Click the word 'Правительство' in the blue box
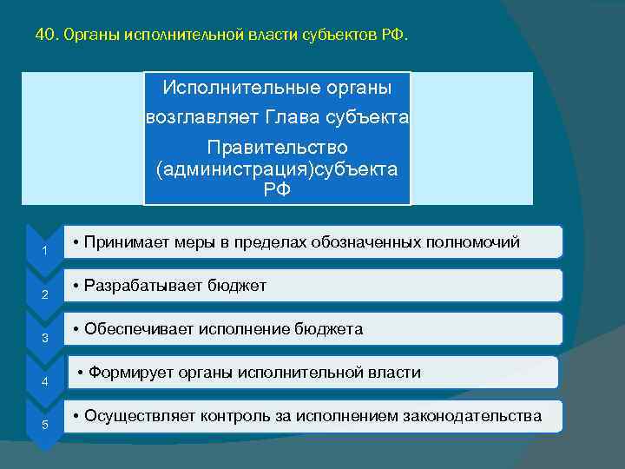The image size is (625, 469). [277, 147]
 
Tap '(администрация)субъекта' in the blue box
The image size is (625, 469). [277, 168]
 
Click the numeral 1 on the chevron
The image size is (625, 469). [44, 252]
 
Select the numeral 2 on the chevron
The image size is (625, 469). [44, 295]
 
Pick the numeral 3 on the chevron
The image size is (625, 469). [44, 338]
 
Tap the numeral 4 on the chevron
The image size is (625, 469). [44, 381]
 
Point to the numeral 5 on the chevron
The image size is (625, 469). [44, 424]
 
